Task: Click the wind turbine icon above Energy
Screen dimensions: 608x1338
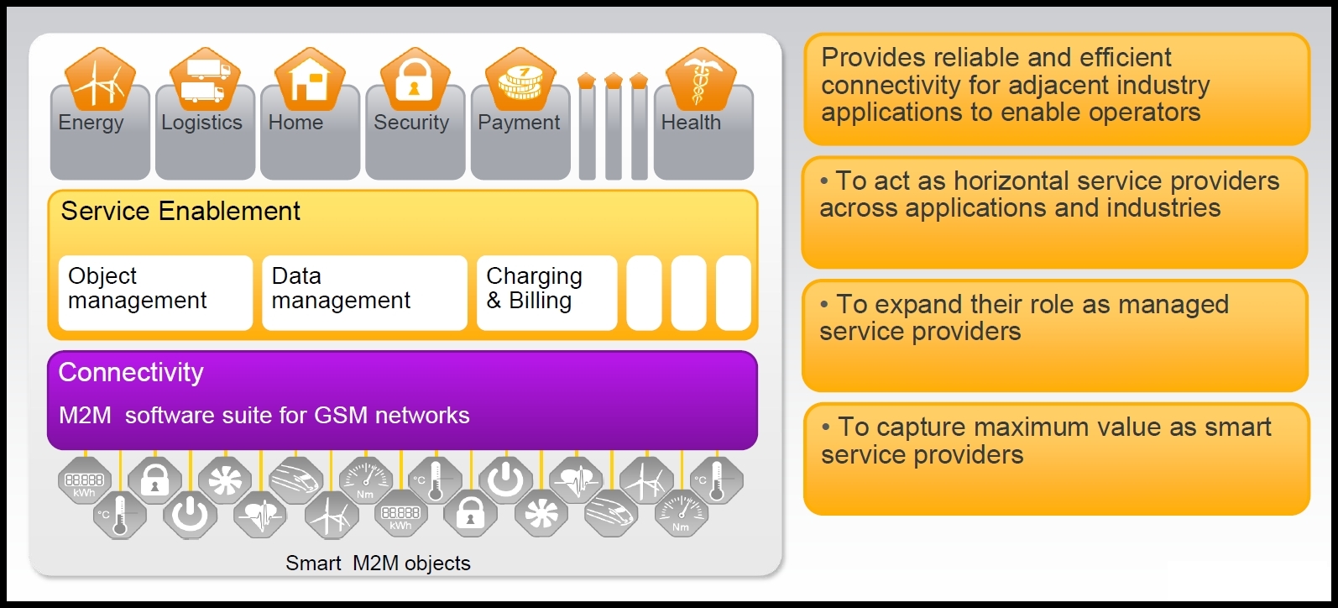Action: pos(100,81)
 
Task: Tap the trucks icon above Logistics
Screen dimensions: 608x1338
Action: pos(205,81)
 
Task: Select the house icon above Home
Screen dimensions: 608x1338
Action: pos(310,81)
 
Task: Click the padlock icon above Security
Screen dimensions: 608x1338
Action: pos(415,81)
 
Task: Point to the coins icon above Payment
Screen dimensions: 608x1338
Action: pos(520,81)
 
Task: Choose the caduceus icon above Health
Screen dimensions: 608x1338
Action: pos(701,81)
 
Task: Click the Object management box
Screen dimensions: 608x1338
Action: pos(155,292)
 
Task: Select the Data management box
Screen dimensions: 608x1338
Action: pos(363,292)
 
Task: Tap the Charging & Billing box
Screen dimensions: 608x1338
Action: pos(546,292)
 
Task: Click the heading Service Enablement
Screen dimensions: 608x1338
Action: pos(180,212)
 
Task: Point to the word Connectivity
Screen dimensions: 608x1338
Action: pos(131,372)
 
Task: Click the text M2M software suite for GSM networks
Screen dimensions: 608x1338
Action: pos(264,415)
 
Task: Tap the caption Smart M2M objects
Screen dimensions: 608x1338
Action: pos(378,563)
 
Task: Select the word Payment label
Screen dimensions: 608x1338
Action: pos(519,123)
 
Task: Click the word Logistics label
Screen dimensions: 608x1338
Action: pos(201,123)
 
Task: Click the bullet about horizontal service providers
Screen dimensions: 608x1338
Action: pos(1049,195)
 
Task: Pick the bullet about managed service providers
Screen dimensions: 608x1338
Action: pos(1024,317)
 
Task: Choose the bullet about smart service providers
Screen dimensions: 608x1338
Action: pos(1046,441)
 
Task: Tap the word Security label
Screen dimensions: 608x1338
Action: pos(411,123)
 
